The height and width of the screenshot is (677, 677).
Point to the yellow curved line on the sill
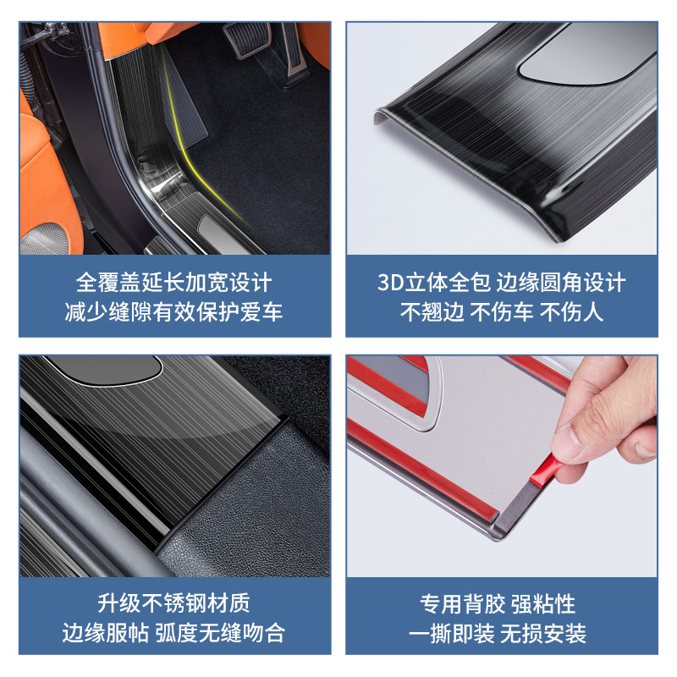[x=180, y=127]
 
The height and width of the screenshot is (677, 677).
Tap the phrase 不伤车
[x=502, y=311]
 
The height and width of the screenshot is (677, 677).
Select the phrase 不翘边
[x=432, y=311]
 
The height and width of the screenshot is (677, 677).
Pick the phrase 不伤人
[x=572, y=311]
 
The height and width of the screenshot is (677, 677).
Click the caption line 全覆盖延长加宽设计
[x=174, y=282]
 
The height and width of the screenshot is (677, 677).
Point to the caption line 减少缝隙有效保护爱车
[x=174, y=311]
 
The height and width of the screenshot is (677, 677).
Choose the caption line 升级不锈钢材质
[x=174, y=603]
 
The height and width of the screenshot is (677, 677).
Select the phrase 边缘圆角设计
[x=561, y=282]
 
